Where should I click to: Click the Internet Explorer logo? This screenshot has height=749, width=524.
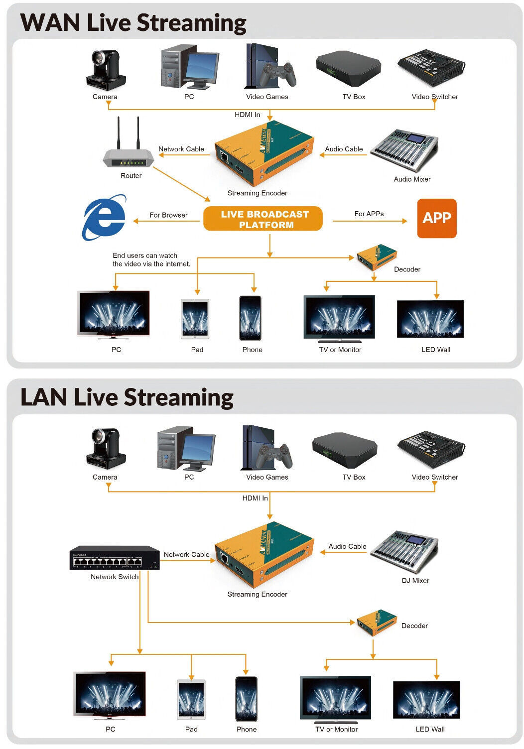pyautogui.click(x=104, y=218)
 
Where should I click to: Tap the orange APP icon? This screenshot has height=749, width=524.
pyautogui.click(x=436, y=218)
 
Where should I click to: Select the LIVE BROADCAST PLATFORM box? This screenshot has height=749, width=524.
pyautogui.click(x=263, y=219)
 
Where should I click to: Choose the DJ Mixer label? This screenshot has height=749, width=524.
pyautogui.click(x=415, y=581)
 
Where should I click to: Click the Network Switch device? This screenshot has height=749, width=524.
pyautogui.click(x=114, y=558)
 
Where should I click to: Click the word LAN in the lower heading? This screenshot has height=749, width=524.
pyautogui.click(x=44, y=397)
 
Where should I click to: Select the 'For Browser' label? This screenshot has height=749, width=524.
pyautogui.click(x=168, y=215)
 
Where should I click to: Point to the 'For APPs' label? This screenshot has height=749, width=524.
pyautogui.click(x=369, y=214)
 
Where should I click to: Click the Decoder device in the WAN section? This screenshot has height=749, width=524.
pyautogui.click(x=377, y=257)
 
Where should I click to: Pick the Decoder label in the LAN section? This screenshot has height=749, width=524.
pyautogui.click(x=414, y=626)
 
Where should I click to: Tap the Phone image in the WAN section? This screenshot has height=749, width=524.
pyautogui.click(x=250, y=318)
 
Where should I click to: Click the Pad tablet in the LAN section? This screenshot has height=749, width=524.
pyautogui.click(x=191, y=700)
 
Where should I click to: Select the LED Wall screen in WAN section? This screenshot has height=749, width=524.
pyautogui.click(x=430, y=319)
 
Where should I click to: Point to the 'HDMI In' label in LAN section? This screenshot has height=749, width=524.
pyautogui.click(x=255, y=498)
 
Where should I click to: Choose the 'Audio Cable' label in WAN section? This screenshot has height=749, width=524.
pyautogui.click(x=344, y=149)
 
